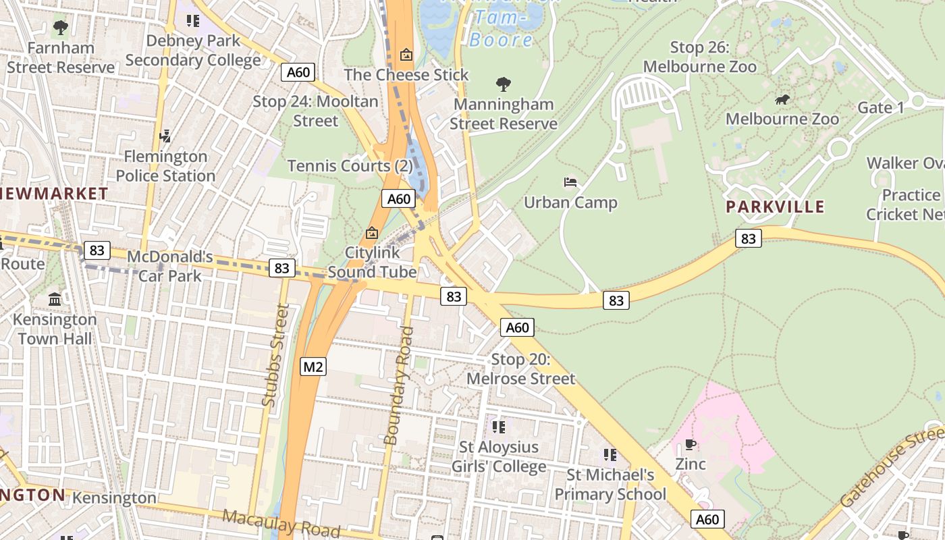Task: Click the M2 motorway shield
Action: [313, 367]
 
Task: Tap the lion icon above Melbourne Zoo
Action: [782, 101]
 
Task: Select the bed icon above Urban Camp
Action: [570, 182]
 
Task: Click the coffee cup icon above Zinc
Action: [691, 444]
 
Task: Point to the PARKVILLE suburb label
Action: [775, 207]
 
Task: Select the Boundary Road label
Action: [398, 385]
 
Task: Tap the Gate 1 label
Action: [880, 108]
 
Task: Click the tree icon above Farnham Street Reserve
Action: [61, 28]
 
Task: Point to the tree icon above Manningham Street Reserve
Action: [503, 84]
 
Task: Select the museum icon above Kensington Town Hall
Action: [55, 299]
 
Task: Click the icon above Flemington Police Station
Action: [165, 136]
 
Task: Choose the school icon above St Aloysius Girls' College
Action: [499, 427]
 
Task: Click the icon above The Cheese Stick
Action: [406, 55]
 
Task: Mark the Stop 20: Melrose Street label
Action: [521, 369]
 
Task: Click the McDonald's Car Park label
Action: [170, 266]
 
